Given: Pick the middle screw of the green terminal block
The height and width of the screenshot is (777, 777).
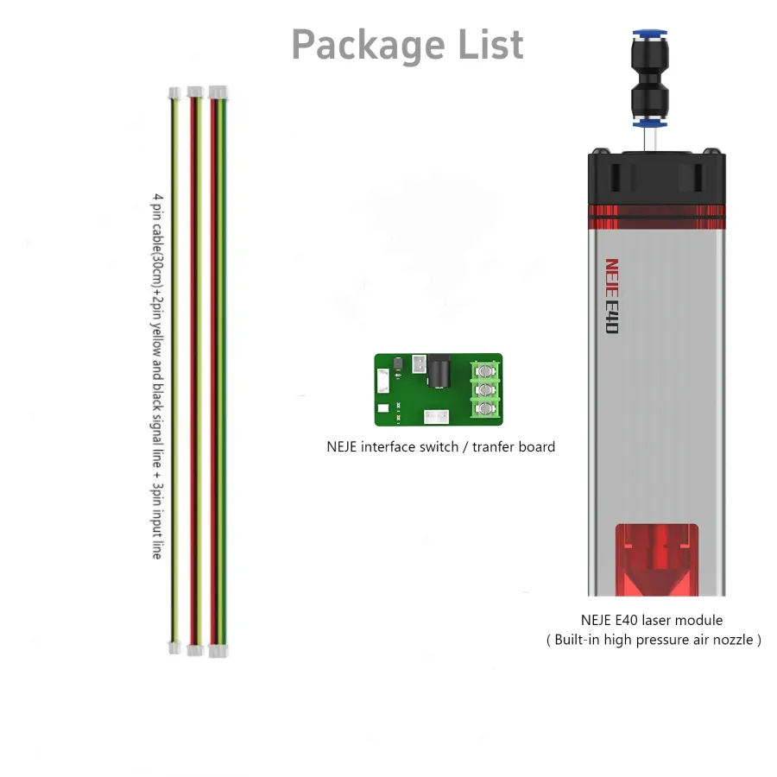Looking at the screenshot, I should pos(487,389).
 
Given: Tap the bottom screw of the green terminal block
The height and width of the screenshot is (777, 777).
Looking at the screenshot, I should pos(487,407).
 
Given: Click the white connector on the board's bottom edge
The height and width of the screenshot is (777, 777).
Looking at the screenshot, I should pos(437,417).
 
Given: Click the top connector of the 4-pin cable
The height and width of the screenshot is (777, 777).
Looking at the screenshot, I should pos(218,92).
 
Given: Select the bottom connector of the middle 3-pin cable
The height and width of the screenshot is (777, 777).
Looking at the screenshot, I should pos(195,649).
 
